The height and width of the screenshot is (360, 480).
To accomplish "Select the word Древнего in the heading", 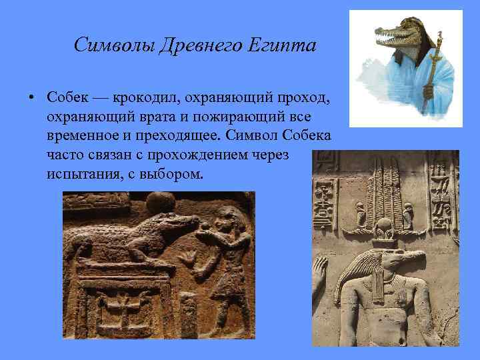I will (199, 46).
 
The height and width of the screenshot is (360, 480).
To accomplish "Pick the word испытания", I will (81, 173).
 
